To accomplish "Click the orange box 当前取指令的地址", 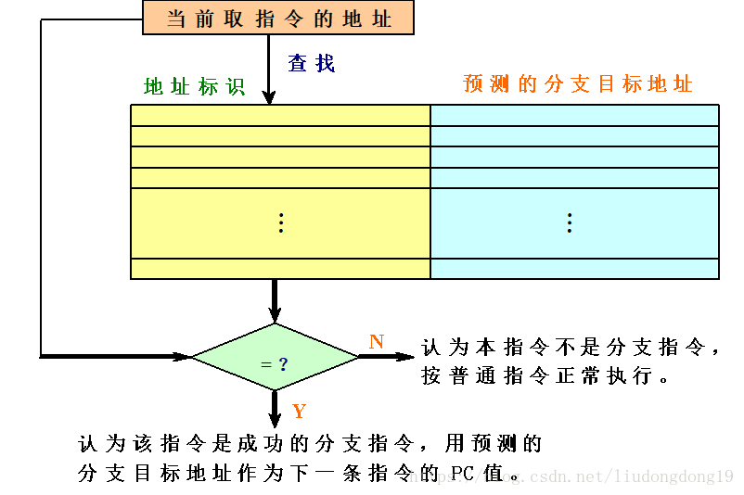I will (x=277, y=18).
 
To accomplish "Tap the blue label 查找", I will (x=311, y=63).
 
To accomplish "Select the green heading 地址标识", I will (x=194, y=86).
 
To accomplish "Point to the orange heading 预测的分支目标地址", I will (x=577, y=84).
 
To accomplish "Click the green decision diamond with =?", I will (x=275, y=357).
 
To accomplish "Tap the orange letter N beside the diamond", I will (x=376, y=342).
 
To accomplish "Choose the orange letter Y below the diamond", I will (x=299, y=412).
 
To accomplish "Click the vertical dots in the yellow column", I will (x=281, y=222).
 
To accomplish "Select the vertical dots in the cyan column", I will (x=569, y=222).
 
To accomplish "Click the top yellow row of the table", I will (x=280, y=115).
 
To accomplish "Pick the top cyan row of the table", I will (x=574, y=115).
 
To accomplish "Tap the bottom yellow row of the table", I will (x=280, y=269).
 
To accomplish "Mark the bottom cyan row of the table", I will (x=574, y=269).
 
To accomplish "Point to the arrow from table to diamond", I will (x=275, y=301).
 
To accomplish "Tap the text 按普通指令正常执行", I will (x=545, y=377).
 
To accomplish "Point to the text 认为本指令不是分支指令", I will (x=571, y=349).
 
